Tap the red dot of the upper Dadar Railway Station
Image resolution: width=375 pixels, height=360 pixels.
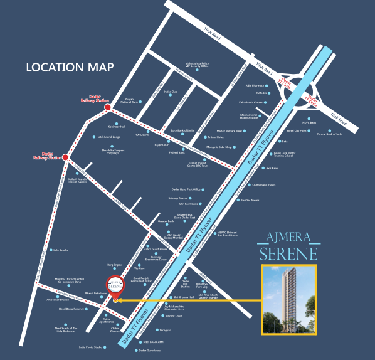[x=108, y=107]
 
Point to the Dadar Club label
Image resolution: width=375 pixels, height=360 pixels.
[x=171, y=92]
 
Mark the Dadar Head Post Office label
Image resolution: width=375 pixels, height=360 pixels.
[x=186, y=189]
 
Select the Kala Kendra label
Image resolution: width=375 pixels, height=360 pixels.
[x=61, y=250]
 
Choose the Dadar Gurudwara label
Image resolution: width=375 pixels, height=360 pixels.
[x=149, y=350]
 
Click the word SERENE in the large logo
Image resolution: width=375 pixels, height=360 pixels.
[x=290, y=253]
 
